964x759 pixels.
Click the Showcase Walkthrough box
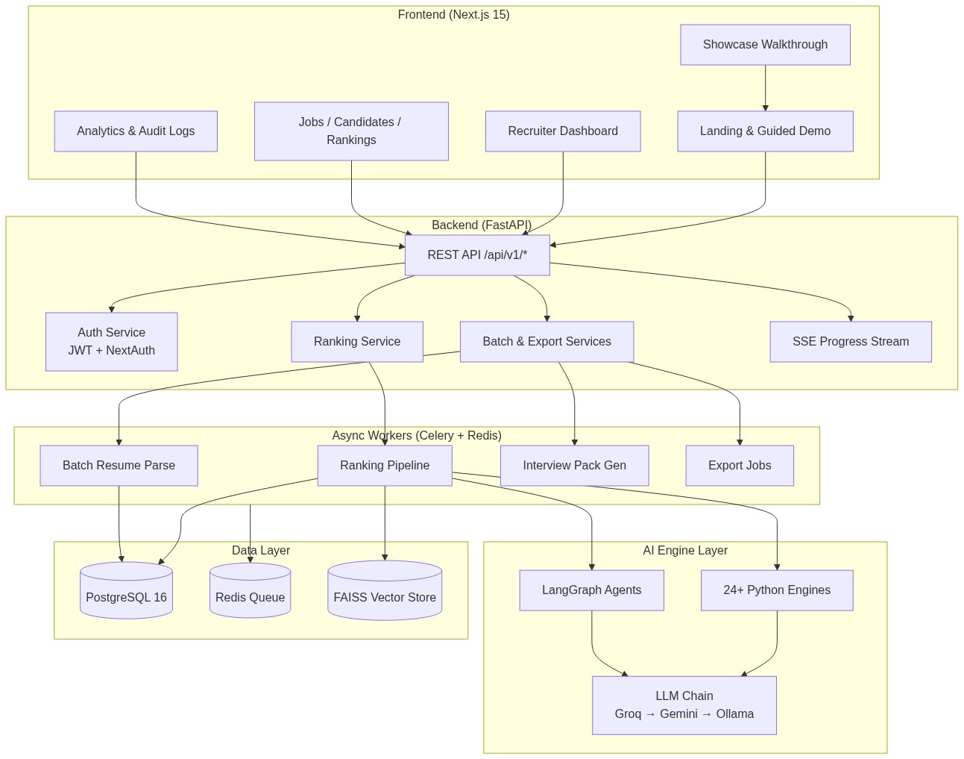pos(765,45)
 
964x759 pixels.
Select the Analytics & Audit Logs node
pos(136,131)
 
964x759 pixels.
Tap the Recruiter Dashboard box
pos(563,131)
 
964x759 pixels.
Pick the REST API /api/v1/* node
pos(477,255)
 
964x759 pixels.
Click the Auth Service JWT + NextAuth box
pos(112,342)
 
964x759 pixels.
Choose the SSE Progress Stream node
pos(851,342)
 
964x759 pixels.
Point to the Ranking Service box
pos(357,342)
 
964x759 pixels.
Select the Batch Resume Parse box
pos(119,466)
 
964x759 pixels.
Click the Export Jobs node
pos(740,466)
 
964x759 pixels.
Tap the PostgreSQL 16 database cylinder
pos(126,591)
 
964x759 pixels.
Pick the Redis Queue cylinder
pos(250,591)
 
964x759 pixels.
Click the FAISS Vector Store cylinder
pos(385,591)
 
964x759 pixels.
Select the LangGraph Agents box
pos(591,590)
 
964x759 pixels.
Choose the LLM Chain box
pos(684,705)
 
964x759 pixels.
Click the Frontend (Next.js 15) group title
pos(453,15)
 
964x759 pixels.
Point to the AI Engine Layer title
pos(685,551)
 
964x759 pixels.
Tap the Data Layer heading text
pos(261,551)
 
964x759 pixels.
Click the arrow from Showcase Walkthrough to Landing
pos(765,88)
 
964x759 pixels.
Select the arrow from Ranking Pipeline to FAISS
pos(385,523)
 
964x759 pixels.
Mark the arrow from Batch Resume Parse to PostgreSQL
pos(119,524)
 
